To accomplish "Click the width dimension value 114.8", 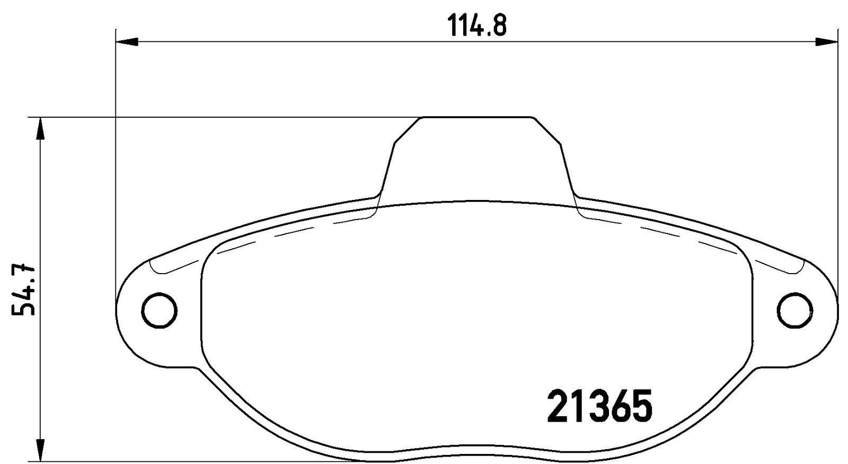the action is tap(476, 25).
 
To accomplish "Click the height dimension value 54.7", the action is tap(23, 290).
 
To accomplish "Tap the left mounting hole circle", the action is tap(160, 311).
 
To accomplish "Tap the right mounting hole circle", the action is tap(794, 311).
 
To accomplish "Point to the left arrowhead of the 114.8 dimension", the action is tap(127, 42).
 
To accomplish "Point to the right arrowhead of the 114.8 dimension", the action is tap(826, 42).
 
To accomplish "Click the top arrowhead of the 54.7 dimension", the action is tap(40, 129).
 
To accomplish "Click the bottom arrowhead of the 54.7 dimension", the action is tap(40, 450).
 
